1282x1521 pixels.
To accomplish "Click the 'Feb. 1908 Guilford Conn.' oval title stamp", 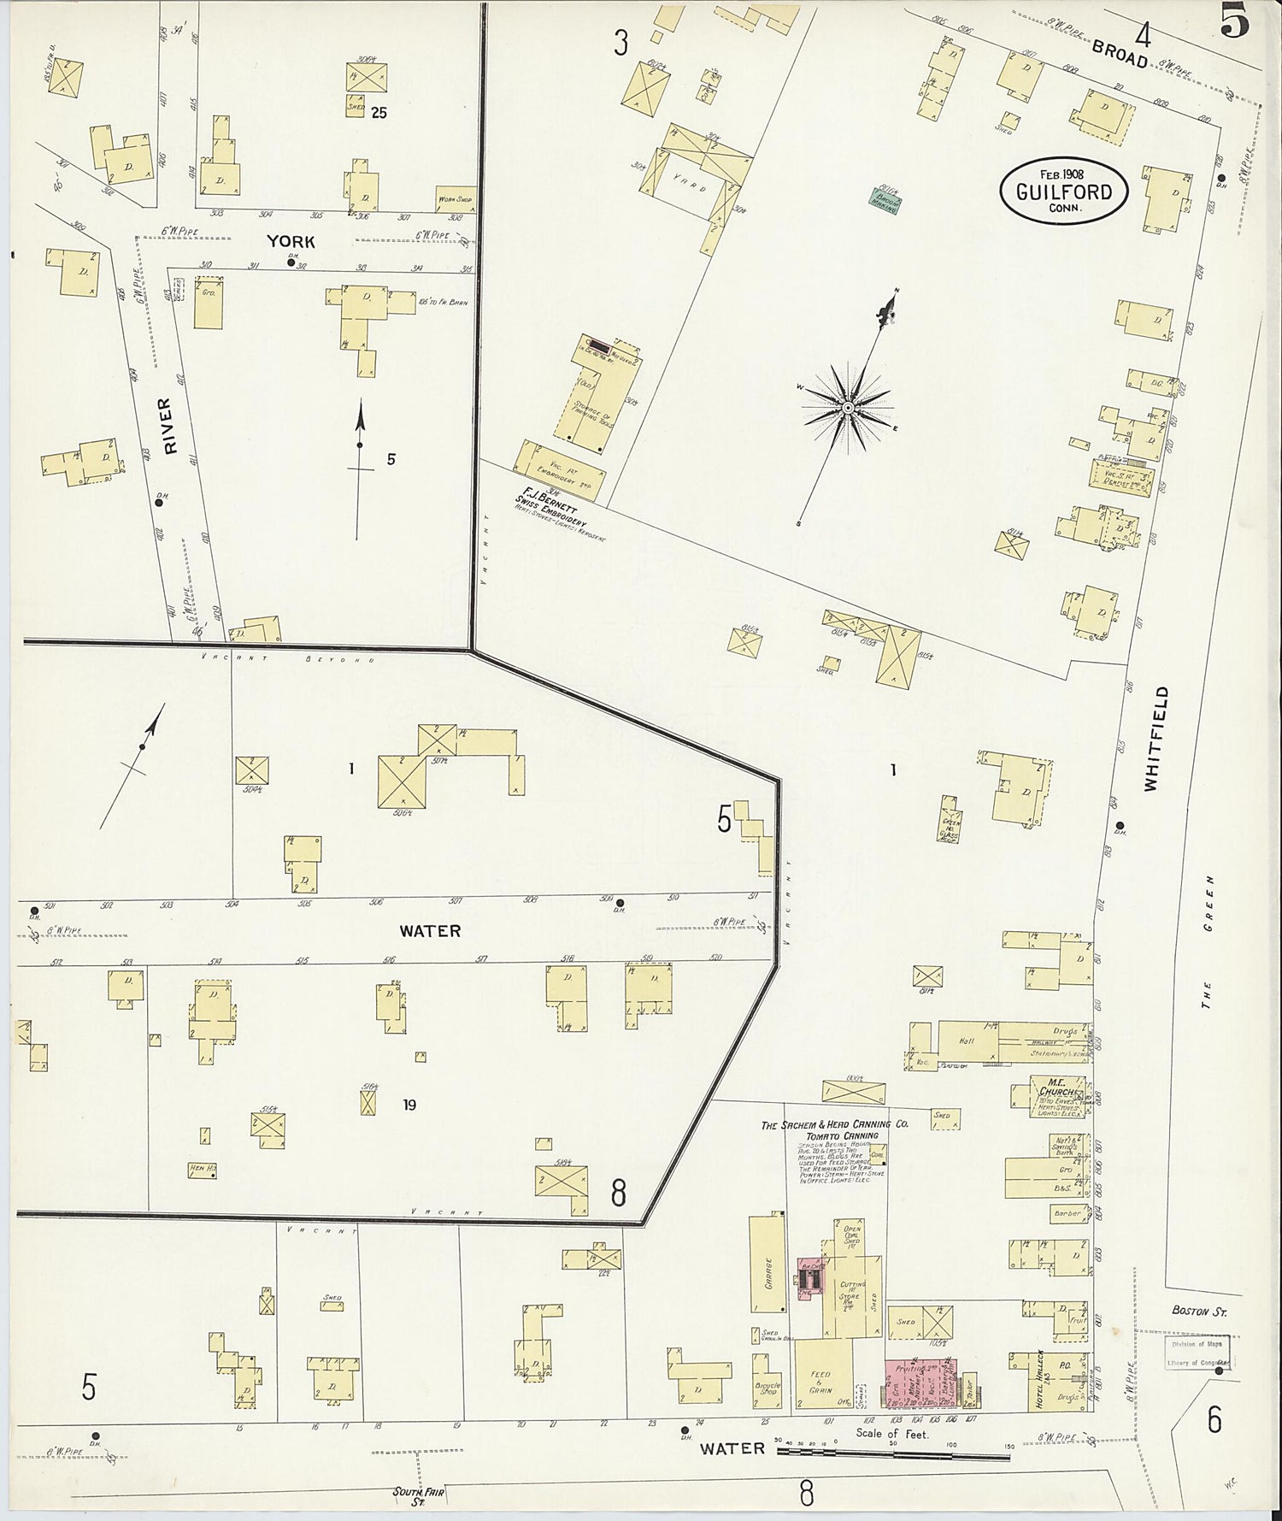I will tap(1064, 191).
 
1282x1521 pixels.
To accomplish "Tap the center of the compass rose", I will tap(848, 408).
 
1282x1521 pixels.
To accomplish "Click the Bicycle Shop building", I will tap(767, 1387).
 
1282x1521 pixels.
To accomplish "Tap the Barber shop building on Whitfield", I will tap(1067, 1212).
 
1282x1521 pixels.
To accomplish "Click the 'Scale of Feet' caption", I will tap(893, 1433).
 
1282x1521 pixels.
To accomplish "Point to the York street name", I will tap(291, 242).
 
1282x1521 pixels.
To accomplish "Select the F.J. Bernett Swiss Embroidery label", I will tap(551, 512).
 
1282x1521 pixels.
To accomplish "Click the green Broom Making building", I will tap(884, 200).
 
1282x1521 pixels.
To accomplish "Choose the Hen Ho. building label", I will tap(202, 1168).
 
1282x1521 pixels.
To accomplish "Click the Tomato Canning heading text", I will tap(842, 1135).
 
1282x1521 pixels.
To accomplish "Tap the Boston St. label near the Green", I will tap(1198, 1312).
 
